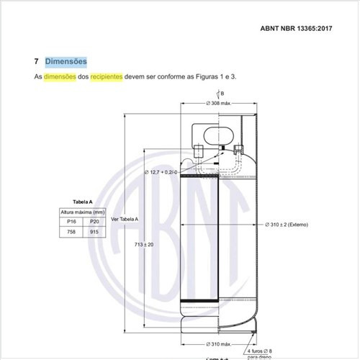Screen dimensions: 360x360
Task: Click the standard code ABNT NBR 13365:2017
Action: (296, 28)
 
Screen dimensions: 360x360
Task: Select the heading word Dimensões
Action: (66, 61)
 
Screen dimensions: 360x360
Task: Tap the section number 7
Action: (36, 61)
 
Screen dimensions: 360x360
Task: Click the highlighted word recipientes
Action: (107, 77)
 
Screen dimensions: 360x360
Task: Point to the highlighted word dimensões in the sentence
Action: (60, 77)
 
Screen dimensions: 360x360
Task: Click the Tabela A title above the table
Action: (83, 202)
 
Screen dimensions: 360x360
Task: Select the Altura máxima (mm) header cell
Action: (83, 212)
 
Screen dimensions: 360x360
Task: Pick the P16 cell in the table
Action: (71, 222)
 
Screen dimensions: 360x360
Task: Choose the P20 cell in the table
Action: (94, 222)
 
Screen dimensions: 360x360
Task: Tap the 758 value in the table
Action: (71, 232)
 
